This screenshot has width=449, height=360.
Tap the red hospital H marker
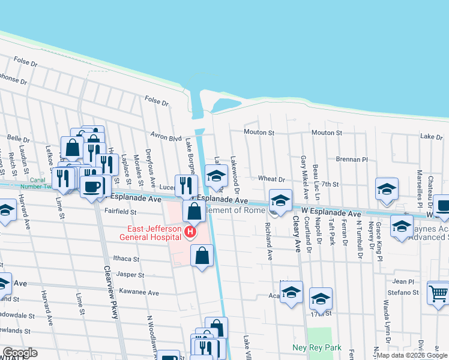click(x=191, y=232)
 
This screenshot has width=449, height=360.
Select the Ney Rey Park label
click(x=316, y=347)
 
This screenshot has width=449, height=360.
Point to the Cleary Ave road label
click(x=296, y=235)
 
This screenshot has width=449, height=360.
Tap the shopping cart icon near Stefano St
click(x=438, y=294)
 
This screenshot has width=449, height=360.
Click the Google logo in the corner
click(x=20, y=353)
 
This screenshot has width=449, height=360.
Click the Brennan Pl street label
click(x=352, y=160)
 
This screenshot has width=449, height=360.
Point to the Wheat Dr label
click(x=271, y=179)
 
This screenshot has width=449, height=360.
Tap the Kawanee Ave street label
click(x=139, y=293)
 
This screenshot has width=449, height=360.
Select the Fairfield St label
click(x=121, y=212)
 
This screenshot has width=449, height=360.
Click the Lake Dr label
click(x=431, y=137)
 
